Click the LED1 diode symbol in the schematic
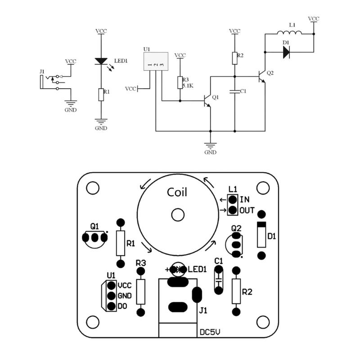pos(101,61)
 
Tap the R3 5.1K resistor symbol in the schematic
pos(180,82)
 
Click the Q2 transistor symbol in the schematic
pos(261,77)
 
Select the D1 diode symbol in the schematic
pos(286,52)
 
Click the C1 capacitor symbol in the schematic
pos(234,91)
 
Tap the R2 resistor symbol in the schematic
pos(234,58)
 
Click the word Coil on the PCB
pos(177,192)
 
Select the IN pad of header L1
pos(233,199)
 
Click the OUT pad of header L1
pos(233,210)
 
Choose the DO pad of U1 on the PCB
pos(111,306)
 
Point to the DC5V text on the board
pos(210,332)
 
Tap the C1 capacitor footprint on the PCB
pos(218,279)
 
